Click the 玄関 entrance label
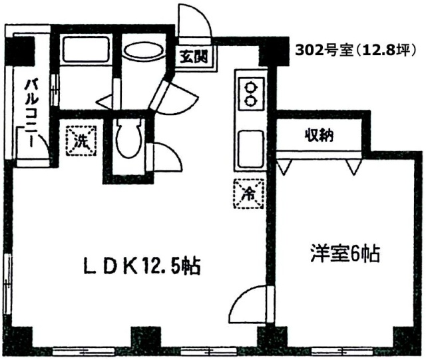pos(194,57)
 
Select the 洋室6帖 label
pos(345,254)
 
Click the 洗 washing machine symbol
pos(81,140)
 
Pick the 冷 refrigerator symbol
pos(248,194)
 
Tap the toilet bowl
pos(128,139)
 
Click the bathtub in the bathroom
pos(86,49)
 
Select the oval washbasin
pos(144,50)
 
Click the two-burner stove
pos(251,94)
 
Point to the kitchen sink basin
pos(251,149)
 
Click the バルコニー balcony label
pos(31,113)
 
